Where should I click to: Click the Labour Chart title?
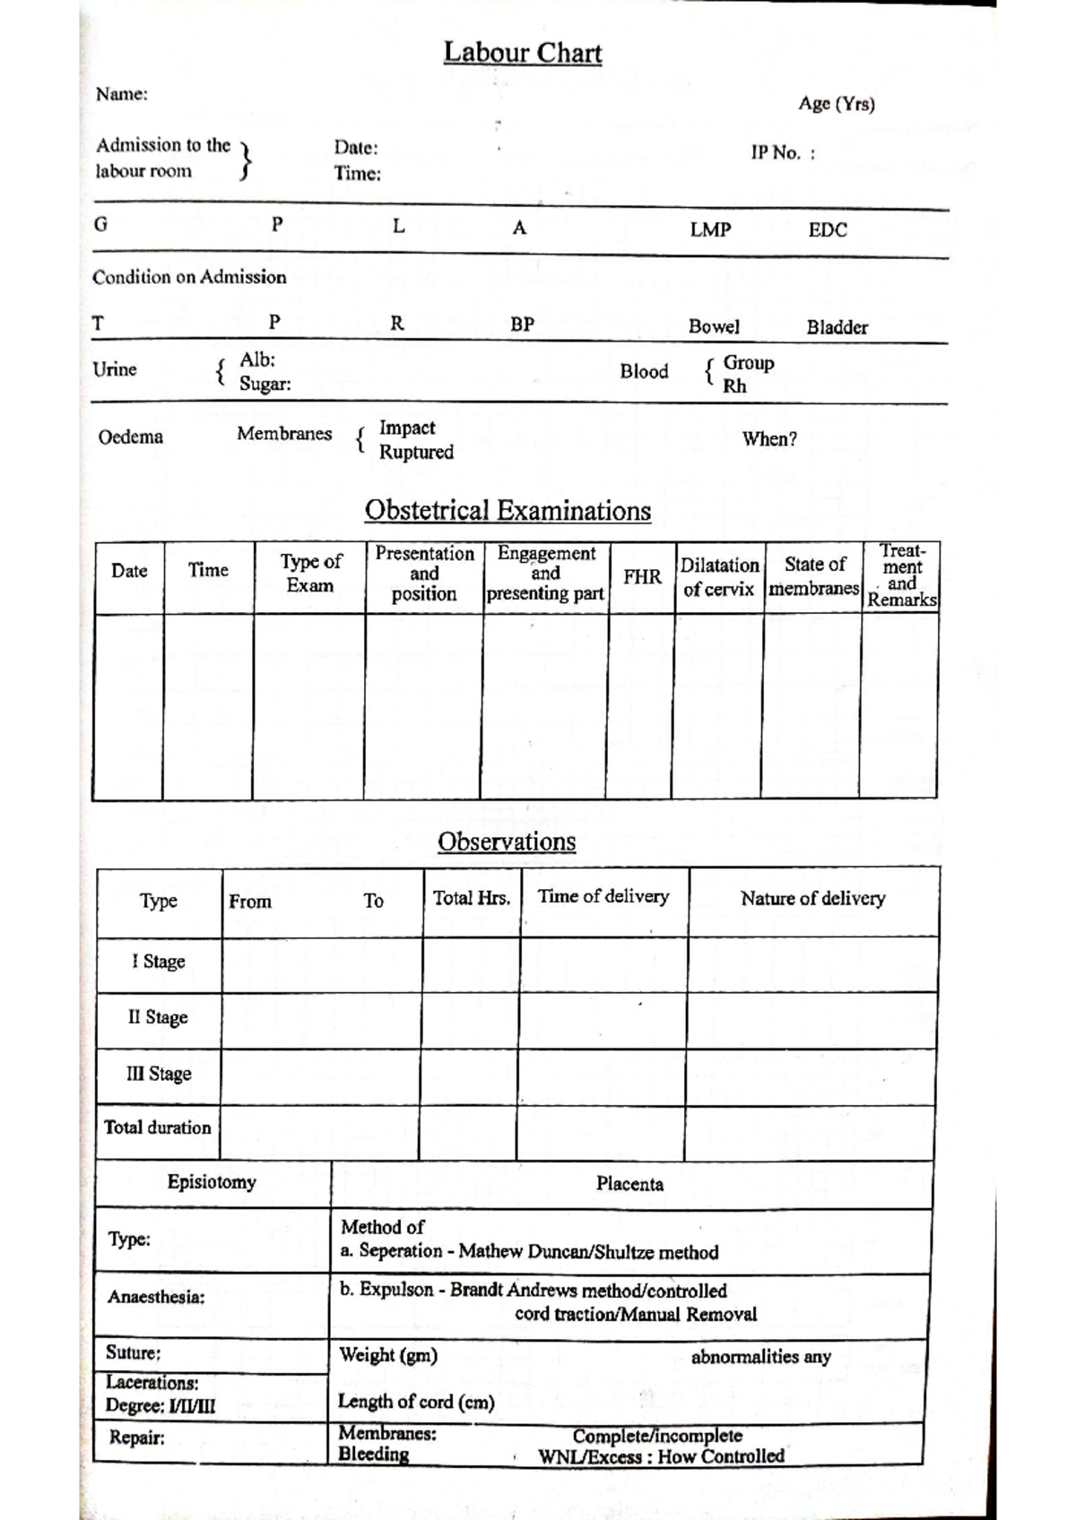[522, 53]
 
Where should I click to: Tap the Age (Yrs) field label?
[837, 104]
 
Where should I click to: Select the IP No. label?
[782, 153]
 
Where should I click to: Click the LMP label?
[710, 230]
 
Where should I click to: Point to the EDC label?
[827, 230]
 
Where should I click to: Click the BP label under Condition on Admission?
[522, 325]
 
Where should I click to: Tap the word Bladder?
[837, 327]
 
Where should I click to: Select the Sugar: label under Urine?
[265, 384]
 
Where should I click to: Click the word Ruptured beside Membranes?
[416, 452]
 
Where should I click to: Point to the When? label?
[769, 439]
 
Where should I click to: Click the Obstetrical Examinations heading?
[508, 511]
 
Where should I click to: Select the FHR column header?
[642, 577]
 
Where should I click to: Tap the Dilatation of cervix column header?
[719, 577]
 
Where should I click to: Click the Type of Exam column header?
[310, 574]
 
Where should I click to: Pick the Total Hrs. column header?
[472, 898]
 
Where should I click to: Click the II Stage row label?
[158, 1018]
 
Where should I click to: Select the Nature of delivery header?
[812, 898]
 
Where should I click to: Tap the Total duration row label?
[158, 1127]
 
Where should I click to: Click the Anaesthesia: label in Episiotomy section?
[156, 1297]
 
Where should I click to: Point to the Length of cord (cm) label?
[416, 1402]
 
